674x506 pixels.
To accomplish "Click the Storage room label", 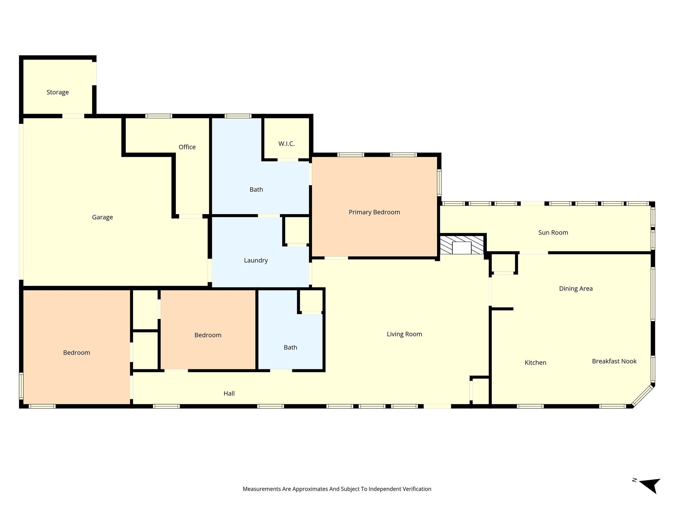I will point(58,92).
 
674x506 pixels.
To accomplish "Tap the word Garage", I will point(102,217).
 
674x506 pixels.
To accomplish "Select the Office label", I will point(187,147).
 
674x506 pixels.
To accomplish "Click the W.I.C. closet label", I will point(286,144).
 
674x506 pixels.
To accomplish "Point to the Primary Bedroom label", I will point(374,212).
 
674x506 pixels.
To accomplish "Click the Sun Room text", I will point(553,233).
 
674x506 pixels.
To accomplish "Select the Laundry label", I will point(256,260).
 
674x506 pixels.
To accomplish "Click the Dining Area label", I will point(576,289).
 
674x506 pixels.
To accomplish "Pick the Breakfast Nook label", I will point(614,361).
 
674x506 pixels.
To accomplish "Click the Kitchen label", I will point(535,362).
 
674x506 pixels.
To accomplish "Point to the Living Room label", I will point(404,334).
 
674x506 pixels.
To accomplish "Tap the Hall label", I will point(229,393).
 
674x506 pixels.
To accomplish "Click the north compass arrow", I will point(650,484).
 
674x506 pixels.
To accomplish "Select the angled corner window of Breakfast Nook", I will point(642,395).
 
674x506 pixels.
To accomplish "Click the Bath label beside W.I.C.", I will point(256,189).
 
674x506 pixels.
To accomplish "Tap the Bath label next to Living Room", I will point(290,347).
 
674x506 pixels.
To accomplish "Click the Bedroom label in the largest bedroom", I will point(76,352).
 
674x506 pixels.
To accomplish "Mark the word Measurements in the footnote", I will point(261,489).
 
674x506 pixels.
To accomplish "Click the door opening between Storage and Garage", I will point(73,116).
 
